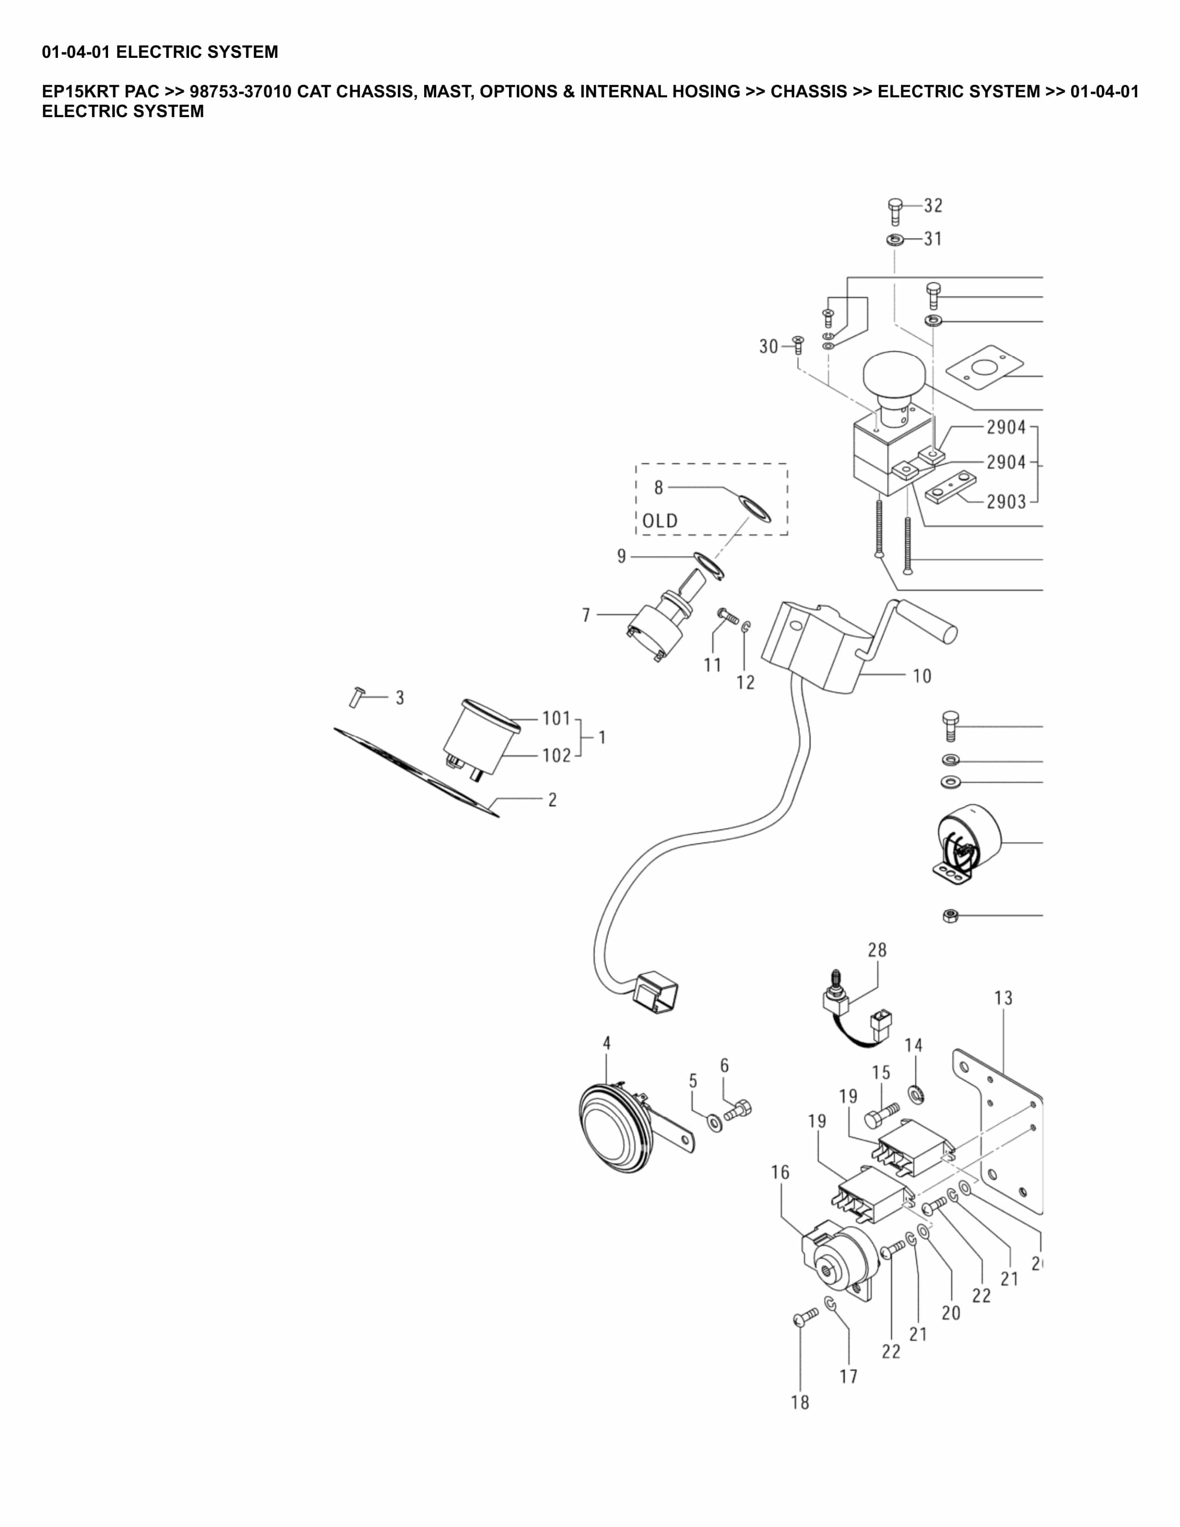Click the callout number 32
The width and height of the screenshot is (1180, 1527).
[x=933, y=205]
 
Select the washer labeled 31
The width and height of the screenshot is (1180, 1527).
[x=894, y=241]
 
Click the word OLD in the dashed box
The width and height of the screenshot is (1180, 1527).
[x=659, y=521]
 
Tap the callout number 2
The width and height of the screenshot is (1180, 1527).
[x=552, y=800]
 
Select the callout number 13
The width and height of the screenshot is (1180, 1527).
[x=1003, y=998]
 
